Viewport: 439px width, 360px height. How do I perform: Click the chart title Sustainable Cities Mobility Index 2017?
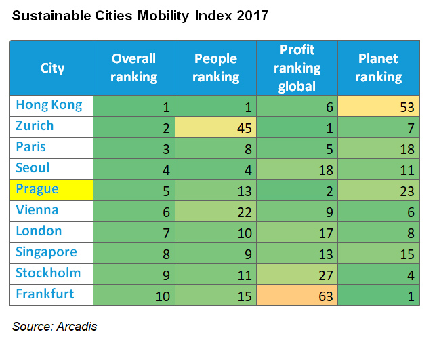click(x=140, y=16)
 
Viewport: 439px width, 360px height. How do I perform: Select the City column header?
click(x=52, y=68)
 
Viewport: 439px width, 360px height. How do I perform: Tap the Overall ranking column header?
click(x=134, y=68)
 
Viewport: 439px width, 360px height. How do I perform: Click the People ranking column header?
click(x=215, y=68)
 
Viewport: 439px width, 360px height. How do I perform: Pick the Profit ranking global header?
click(x=297, y=68)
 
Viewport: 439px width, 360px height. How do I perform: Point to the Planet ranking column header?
click(x=378, y=68)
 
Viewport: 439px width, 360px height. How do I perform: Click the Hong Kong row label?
click(x=49, y=105)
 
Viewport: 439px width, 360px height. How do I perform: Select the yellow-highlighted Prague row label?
click(x=38, y=189)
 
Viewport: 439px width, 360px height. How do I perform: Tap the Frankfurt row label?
click(x=45, y=294)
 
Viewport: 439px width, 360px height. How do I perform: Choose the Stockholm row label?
click(x=48, y=273)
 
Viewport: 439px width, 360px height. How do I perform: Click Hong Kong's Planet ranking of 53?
click(x=379, y=106)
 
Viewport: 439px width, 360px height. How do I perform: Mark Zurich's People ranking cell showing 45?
click(x=215, y=127)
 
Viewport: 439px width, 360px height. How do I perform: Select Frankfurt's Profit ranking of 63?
click(x=297, y=295)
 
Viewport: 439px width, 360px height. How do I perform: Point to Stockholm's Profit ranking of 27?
click(x=297, y=274)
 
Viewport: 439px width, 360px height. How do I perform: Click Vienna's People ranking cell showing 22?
click(x=215, y=211)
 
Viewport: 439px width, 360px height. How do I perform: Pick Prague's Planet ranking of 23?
click(x=379, y=190)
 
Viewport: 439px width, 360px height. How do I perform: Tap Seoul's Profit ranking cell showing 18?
click(x=297, y=169)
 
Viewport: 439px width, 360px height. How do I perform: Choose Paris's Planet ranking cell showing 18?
click(x=379, y=148)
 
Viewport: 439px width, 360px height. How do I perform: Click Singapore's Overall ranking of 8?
click(x=134, y=253)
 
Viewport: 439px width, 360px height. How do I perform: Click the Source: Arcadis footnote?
click(x=55, y=327)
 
